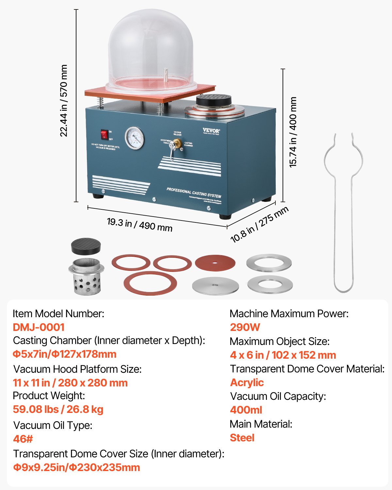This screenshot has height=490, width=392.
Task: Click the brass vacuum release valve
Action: (x=177, y=143)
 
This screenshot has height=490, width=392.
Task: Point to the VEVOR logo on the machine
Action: (x=211, y=131)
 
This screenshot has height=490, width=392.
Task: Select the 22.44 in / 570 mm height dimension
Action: (x=64, y=101)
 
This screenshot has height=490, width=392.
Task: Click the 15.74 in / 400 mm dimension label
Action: (x=293, y=132)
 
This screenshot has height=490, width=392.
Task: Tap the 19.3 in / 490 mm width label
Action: (x=139, y=224)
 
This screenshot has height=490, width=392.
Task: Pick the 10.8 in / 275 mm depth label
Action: (x=259, y=224)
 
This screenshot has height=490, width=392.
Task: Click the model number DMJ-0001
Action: (x=39, y=327)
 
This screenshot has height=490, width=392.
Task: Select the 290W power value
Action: (x=245, y=327)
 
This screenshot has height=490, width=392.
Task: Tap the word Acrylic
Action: (x=247, y=383)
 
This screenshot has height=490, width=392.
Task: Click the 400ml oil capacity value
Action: (x=246, y=410)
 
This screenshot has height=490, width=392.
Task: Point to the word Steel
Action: (x=242, y=438)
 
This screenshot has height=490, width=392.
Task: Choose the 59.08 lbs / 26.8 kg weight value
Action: (x=58, y=409)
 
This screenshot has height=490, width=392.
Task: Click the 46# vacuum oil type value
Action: (x=23, y=439)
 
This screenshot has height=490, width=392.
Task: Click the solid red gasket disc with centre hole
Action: (x=215, y=263)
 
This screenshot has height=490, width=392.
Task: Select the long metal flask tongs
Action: (x=343, y=212)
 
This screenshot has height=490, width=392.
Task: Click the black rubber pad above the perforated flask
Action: (x=86, y=246)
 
